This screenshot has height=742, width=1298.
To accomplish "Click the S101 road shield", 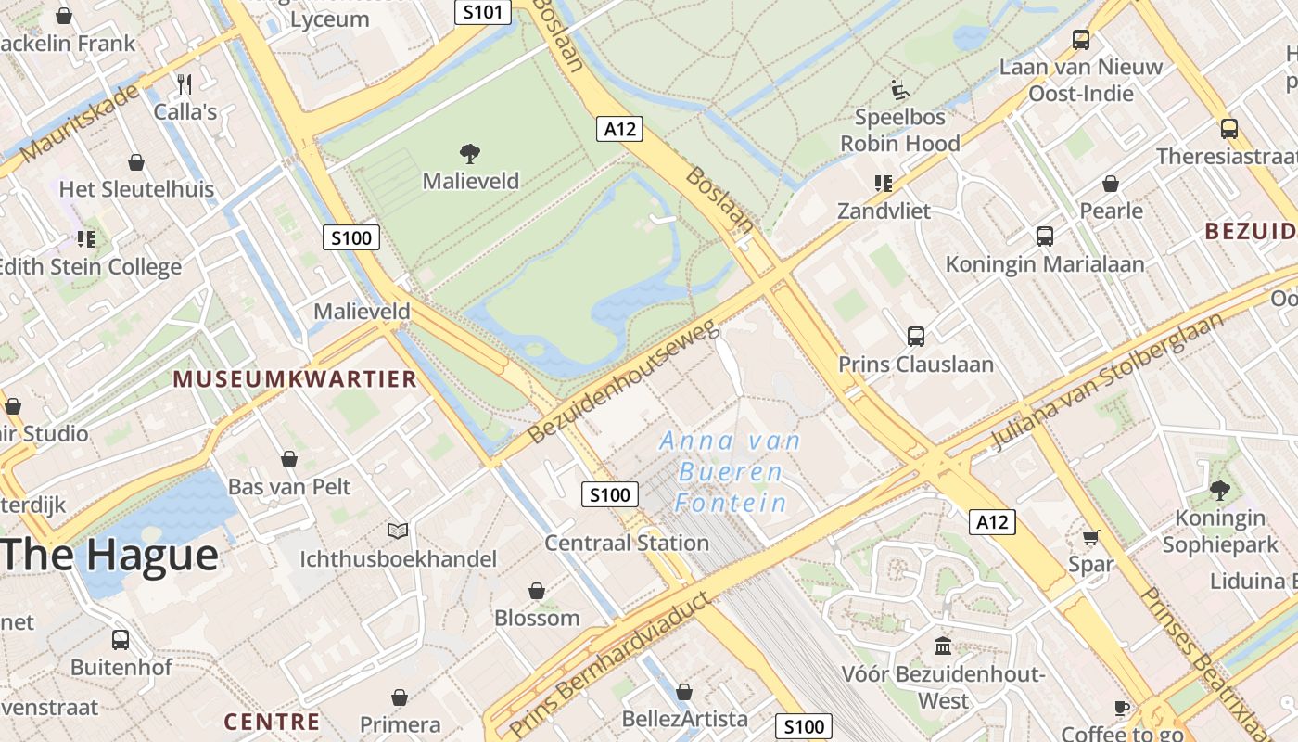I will (x=483, y=12).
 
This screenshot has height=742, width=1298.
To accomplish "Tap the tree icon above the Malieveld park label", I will (x=470, y=153).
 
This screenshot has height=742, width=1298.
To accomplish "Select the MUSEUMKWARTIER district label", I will (x=295, y=378).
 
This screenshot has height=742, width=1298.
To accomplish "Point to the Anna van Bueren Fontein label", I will (x=730, y=472).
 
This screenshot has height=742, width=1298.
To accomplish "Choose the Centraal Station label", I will (x=627, y=543).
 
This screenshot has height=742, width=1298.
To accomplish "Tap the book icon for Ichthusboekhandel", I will (x=398, y=531).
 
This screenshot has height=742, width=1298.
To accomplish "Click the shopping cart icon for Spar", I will (x=1091, y=537).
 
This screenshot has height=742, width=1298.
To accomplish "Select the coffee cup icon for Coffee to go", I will (x=1122, y=709).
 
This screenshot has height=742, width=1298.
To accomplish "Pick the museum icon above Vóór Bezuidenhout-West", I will (x=944, y=645).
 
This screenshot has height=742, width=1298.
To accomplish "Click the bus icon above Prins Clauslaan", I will (x=916, y=336).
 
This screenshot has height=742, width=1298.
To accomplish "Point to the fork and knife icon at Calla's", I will (x=185, y=84).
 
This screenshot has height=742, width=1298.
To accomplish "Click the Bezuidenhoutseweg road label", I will (x=623, y=381).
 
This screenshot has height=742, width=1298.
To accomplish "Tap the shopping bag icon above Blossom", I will (x=537, y=591).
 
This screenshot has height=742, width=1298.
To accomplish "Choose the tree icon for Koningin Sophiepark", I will (x=1220, y=489).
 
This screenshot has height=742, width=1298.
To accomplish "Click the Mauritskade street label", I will (x=80, y=122).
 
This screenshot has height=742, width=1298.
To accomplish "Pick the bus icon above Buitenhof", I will (x=121, y=639).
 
